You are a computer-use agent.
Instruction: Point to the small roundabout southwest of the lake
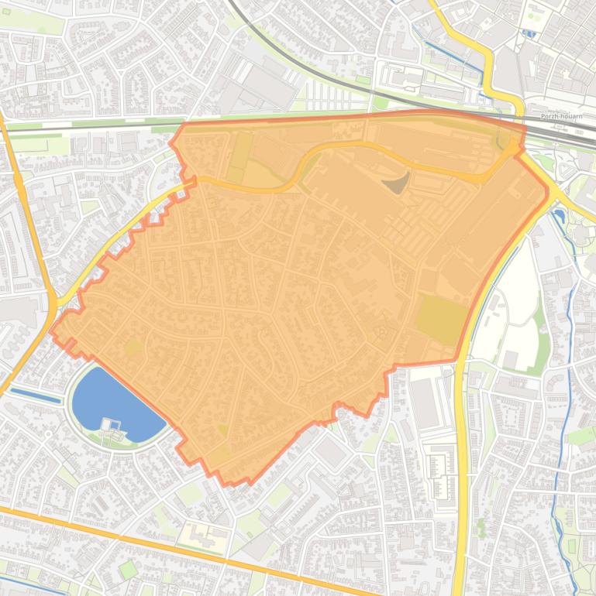click(x=48, y=435)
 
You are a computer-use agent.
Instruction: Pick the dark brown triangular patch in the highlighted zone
click(x=398, y=183)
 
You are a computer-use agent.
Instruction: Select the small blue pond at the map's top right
click(x=529, y=33)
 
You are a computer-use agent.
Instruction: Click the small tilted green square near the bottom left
click(x=128, y=570)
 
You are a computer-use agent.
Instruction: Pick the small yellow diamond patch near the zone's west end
click(x=133, y=347)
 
